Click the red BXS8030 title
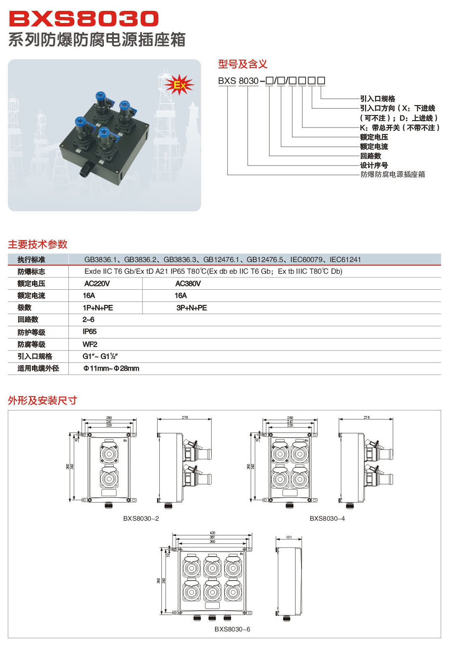click(x=84, y=19)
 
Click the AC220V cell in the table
click(x=97, y=284)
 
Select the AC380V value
click(x=188, y=284)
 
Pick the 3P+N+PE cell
click(x=192, y=308)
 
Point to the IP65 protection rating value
click(x=90, y=332)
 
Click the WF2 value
click(x=90, y=344)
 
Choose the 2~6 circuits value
click(x=88, y=320)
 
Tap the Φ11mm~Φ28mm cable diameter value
click(x=111, y=368)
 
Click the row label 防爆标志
click(x=31, y=272)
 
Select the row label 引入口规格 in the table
click(x=35, y=356)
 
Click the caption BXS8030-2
click(x=141, y=519)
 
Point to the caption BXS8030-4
click(x=327, y=519)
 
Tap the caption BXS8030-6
click(x=232, y=629)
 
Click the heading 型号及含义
click(x=243, y=64)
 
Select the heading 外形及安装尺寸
click(x=42, y=400)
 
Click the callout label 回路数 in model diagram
click(x=371, y=156)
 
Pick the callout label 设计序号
click(x=374, y=165)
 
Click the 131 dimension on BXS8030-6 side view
click(x=289, y=537)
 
